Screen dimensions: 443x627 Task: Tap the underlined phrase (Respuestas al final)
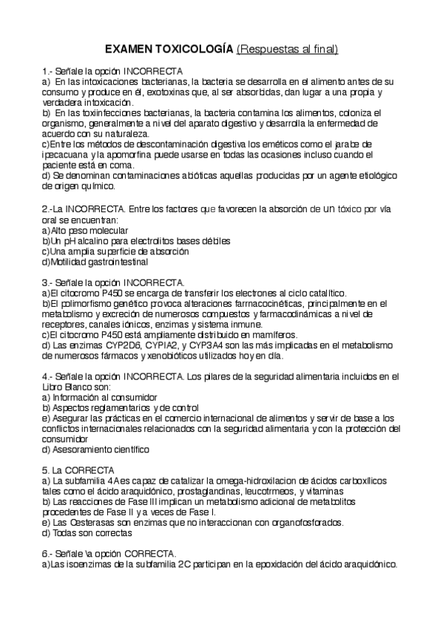(x=288, y=49)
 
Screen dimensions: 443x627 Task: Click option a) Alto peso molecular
(x=87, y=231)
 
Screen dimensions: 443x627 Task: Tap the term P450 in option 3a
(x=106, y=293)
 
